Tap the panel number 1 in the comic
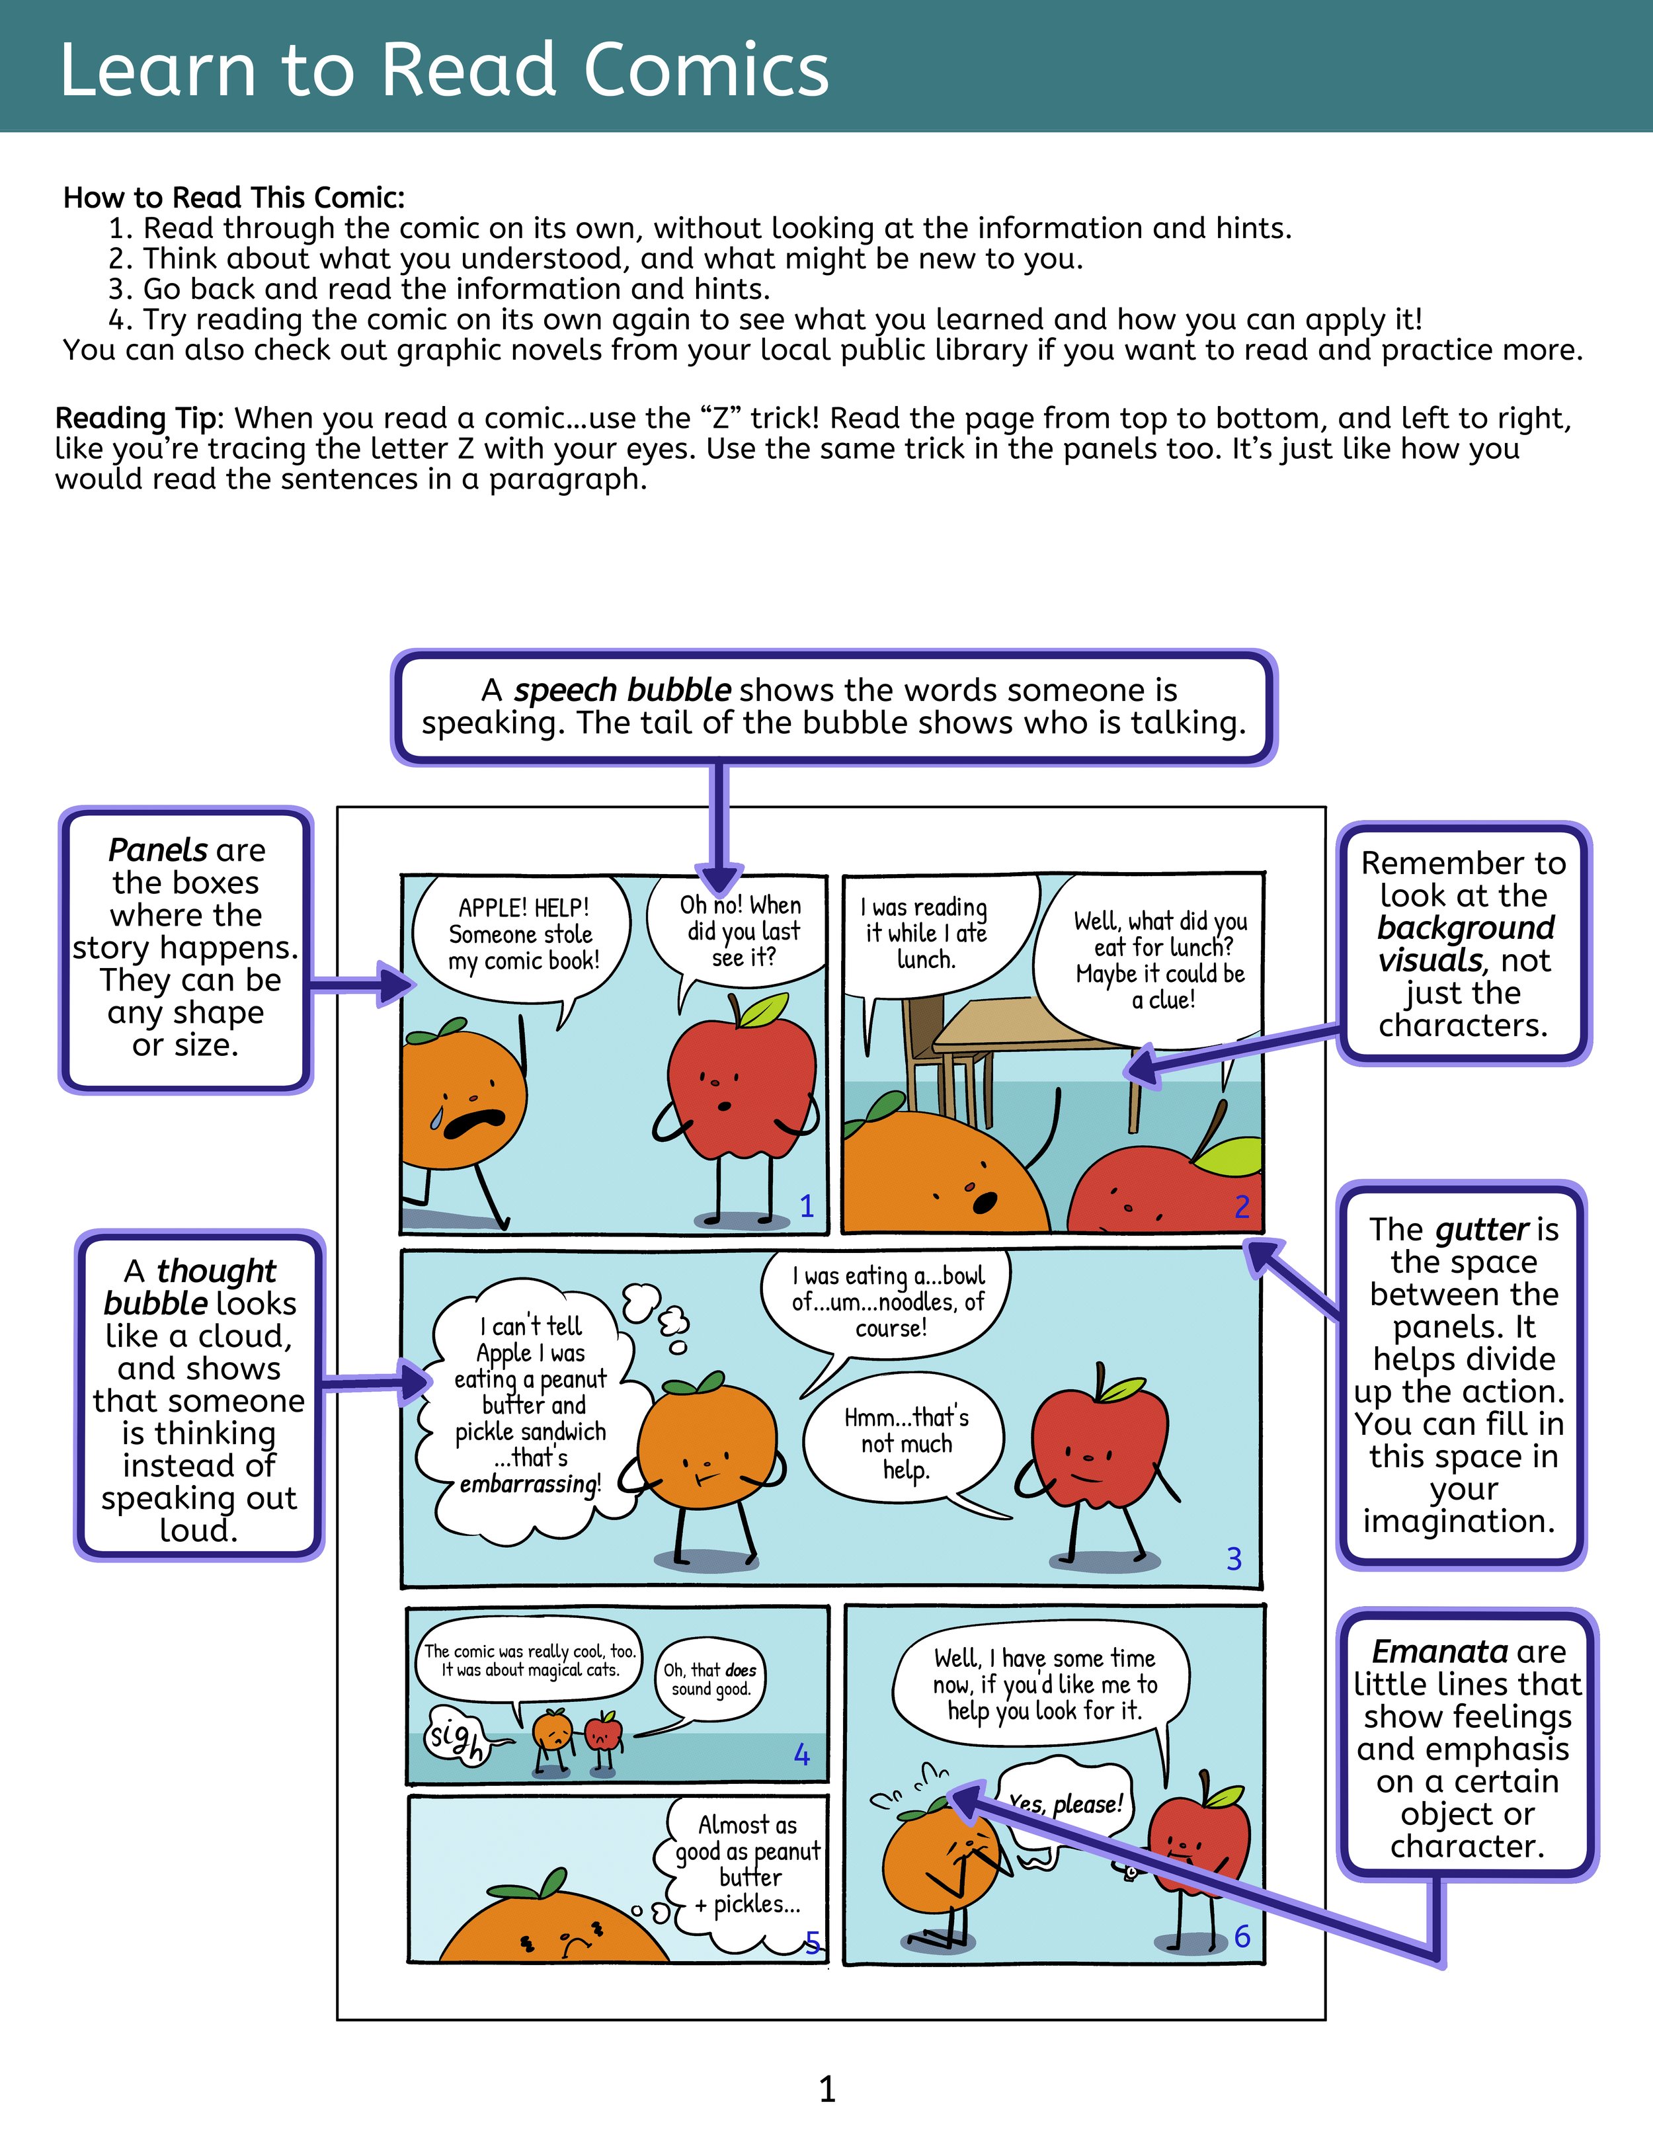point(807,1205)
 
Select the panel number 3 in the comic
point(1234,1558)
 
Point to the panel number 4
point(802,1754)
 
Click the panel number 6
point(1242,1936)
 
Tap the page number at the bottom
point(827,2090)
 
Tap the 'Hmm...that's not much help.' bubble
point(905,1443)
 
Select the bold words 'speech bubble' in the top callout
point(623,690)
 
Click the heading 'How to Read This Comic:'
point(234,198)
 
